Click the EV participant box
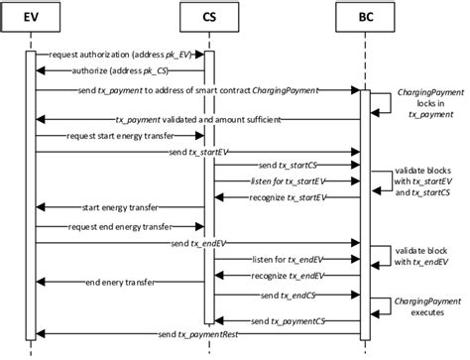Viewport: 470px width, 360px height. click(x=32, y=20)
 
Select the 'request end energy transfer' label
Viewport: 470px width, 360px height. click(x=113, y=226)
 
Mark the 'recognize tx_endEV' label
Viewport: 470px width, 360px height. click(x=284, y=275)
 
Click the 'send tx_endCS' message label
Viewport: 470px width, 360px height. click(x=286, y=296)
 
